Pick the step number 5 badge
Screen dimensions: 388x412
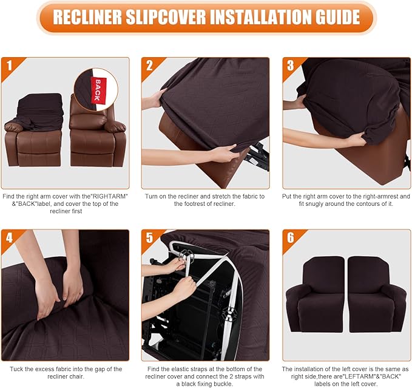[149, 237]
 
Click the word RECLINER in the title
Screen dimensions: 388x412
[92, 18]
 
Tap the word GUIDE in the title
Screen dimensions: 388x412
[330, 18]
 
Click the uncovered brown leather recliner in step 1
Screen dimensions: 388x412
[97, 137]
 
